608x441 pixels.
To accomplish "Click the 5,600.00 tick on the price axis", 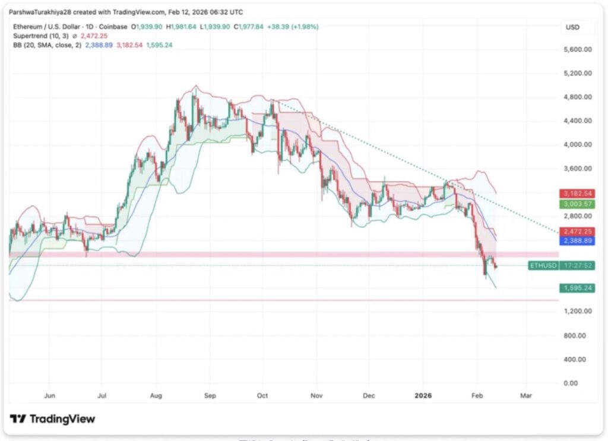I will pyautogui.click(x=577, y=50).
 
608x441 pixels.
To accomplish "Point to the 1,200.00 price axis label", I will pyautogui.click(x=577, y=311).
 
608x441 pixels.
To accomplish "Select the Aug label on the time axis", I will pyautogui.click(x=157, y=395).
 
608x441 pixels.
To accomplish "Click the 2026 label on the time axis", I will pyautogui.click(x=423, y=395).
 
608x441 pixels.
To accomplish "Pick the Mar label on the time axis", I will pyautogui.click(x=525, y=395).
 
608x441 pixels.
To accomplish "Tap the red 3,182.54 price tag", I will pyautogui.click(x=577, y=194).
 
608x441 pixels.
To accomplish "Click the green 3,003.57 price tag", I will pyautogui.click(x=577, y=204).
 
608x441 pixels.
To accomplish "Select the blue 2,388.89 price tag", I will pyautogui.click(x=577, y=241).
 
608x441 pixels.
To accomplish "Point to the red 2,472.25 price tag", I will pyautogui.click(x=577, y=231).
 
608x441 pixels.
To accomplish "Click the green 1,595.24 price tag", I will pyautogui.click(x=577, y=288).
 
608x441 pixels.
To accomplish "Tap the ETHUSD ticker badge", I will pyautogui.click(x=543, y=265).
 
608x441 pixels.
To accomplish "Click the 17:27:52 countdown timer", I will pyautogui.click(x=577, y=265).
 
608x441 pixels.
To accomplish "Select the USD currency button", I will pyautogui.click(x=572, y=27).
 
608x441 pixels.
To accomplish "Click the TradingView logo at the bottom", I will pyautogui.click(x=52, y=419).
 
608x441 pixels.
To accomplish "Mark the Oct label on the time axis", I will pyautogui.click(x=263, y=395).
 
